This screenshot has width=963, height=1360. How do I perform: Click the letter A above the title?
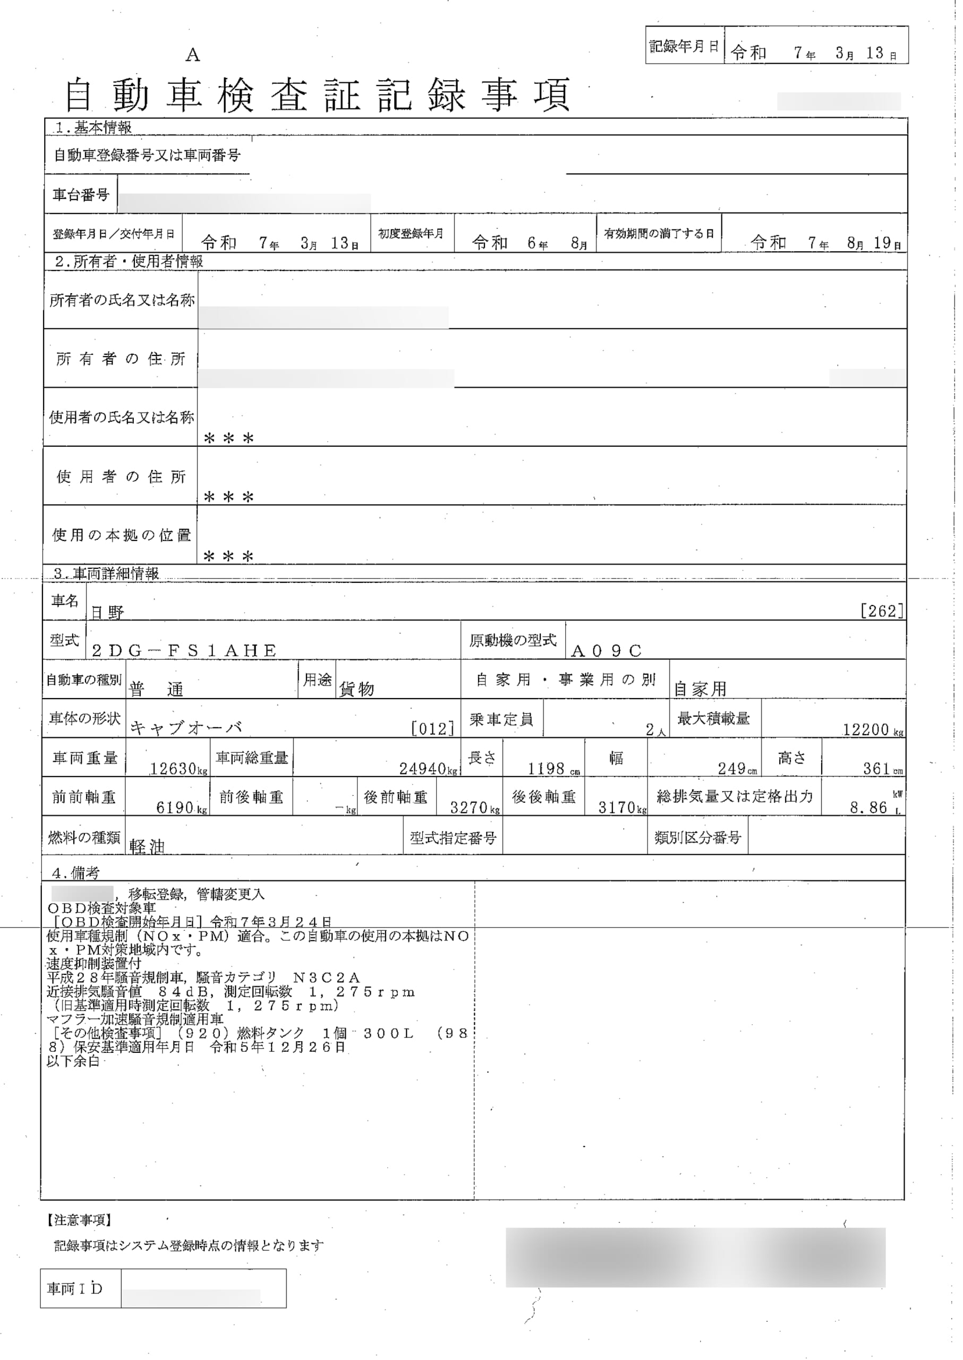pyautogui.click(x=193, y=56)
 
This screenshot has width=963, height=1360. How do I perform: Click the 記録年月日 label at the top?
pyautogui.click(x=684, y=47)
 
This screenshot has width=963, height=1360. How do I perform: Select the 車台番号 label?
pyautogui.click(x=81, y=194)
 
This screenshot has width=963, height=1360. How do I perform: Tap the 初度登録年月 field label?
pyautogui.click(x=411, y=234)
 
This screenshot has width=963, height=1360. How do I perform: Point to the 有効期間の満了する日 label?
pyautogui.click(x=658, y=234)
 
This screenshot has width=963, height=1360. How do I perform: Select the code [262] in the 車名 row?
pyautogui.click(x=882, y=611)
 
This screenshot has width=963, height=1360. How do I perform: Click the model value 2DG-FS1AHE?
pyautogui.click(x=184, y=651)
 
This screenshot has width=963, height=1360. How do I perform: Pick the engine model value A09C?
pyautogui.click(x=606, y=651)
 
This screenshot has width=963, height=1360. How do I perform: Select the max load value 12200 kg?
pyautogui.click(x=867, y=730)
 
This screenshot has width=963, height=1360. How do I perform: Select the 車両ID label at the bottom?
pyautogui.click(x=75, y=1289)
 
